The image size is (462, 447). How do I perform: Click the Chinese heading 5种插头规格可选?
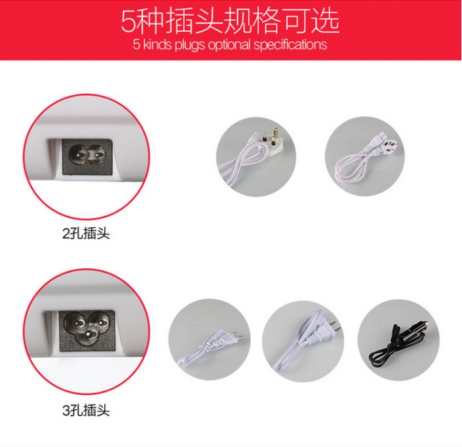click(230, 21)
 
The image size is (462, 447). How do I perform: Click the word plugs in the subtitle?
click(190, 45)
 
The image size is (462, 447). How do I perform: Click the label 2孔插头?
click(86, 234)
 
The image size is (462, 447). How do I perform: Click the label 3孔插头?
click(86, 410)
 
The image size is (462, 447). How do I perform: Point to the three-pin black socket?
click(86, 331)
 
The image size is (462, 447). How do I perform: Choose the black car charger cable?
click(399, 341)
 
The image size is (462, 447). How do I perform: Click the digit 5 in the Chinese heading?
click(129, 22)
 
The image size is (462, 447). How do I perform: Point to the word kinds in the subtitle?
click(156, 44)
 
